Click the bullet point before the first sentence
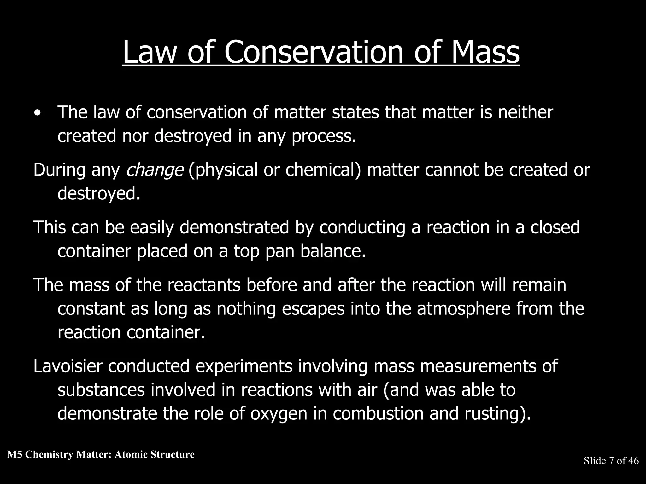38,114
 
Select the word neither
525,112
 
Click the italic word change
154,170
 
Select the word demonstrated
234,228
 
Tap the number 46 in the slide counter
633,461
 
